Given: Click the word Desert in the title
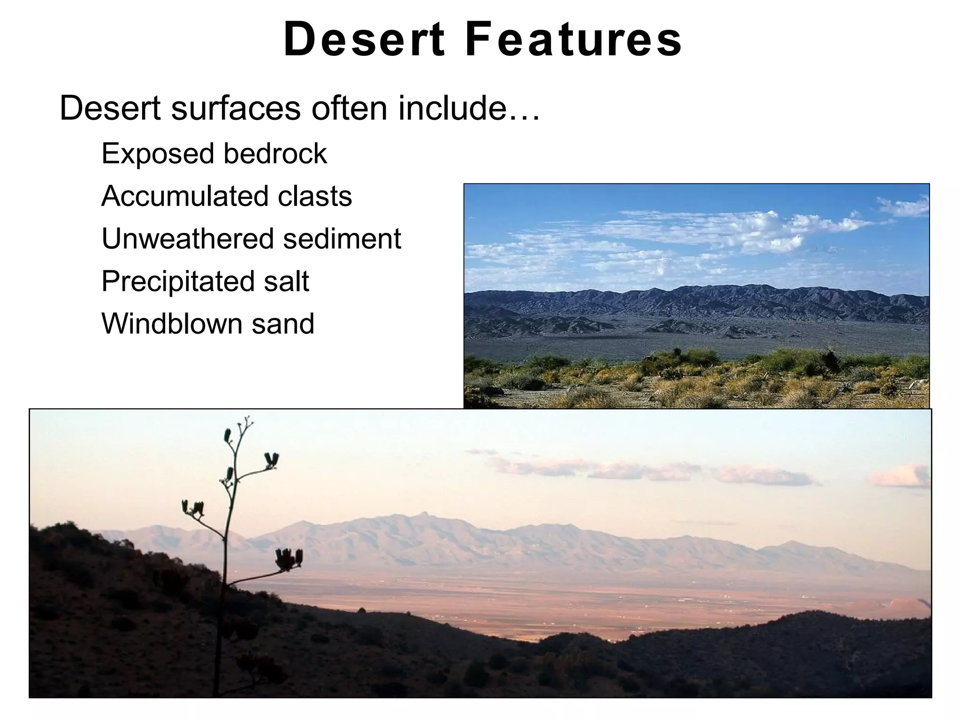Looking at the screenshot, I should pyautogui.click(x=364, y=40).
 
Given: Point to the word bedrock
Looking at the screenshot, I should pyautogui.click(x=275, y=154).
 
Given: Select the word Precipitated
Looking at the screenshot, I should pyautogui.click(x=175, y=281).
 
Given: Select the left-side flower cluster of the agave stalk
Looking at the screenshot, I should pyautogui.click(x=192, y=508).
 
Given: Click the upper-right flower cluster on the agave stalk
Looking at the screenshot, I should pyautogui.click(x=271, y=460).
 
